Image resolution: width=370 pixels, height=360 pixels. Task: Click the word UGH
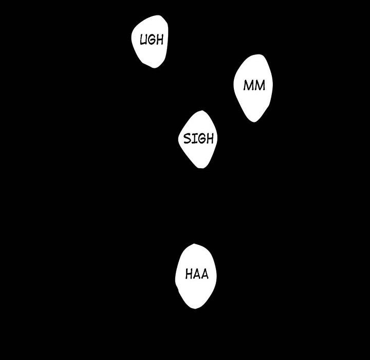pos(151,40)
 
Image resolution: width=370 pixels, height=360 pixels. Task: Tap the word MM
pos(254,85)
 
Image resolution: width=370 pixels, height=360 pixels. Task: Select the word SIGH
pos(198,139)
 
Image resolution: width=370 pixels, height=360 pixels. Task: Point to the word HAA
pos(197,274)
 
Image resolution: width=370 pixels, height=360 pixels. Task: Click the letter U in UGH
pos(144,40)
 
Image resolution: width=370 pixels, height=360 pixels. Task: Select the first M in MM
pos(249,85)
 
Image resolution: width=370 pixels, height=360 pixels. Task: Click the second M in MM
pos(260,85)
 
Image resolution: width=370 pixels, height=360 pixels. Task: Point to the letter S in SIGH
pos(188,139)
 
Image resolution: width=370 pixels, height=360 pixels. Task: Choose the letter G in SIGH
pos(200,139)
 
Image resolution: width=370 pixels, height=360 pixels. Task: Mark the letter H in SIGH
pos(209,139)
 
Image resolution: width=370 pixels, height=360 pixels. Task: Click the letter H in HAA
pos(189,274)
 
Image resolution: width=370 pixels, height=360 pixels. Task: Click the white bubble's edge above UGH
pos(154,16)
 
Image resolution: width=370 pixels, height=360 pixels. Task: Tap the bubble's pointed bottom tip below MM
pos(254,121)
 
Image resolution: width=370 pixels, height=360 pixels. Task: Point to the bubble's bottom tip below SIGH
pos(201,167)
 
